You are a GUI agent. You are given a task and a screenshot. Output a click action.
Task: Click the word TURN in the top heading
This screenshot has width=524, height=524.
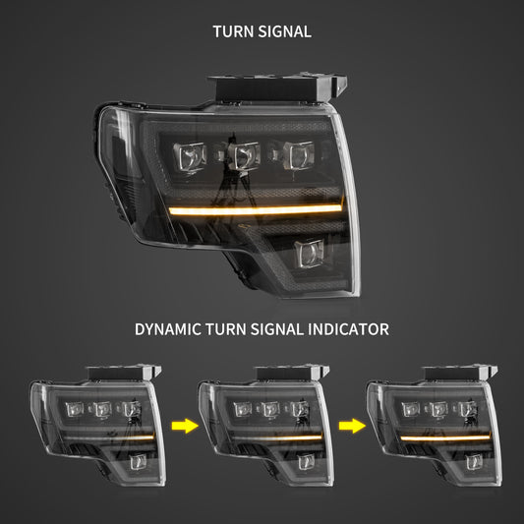click(x=232, y=31)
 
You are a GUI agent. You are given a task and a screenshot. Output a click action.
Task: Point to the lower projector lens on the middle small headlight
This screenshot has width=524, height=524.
click(x=303, y=461)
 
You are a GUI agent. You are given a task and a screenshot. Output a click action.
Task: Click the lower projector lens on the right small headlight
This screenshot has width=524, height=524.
click(x=471, y=461)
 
